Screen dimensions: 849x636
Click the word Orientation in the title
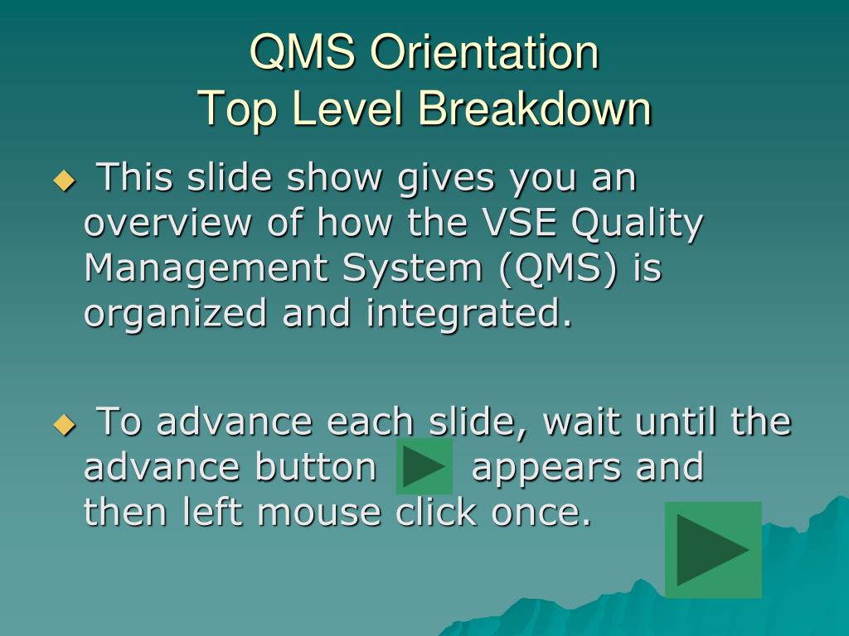[484, 51]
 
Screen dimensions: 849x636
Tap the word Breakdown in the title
[534, 108]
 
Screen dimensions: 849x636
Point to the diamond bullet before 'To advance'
[65, 425]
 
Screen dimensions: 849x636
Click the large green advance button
[713, 550]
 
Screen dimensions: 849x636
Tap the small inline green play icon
[424, 466]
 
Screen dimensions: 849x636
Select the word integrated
[469, 314]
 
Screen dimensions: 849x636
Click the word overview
[167, 222]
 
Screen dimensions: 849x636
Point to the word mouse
[319, 513]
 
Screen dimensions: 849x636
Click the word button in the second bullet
[316, 467]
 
